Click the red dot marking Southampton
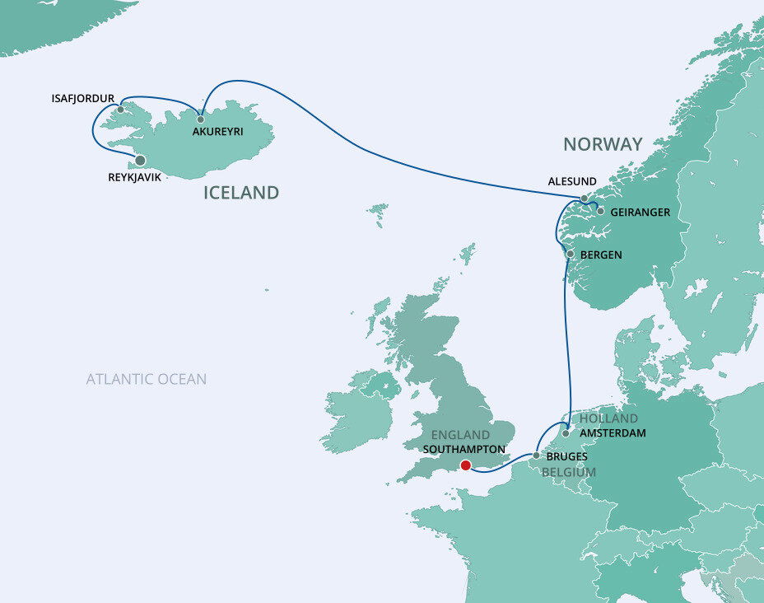[x=465, y=465]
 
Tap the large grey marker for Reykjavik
[x=141, y=161]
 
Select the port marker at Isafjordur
[x=121, y=109]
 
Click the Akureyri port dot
[x=200, y=119]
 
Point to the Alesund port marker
[x=584, y=199]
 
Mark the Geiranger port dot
[x=600, y=212]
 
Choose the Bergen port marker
[x=570, y=255]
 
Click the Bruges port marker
[x=536, y=455]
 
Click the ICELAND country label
[x=241, y=194]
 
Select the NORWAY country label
[x=603, y=144]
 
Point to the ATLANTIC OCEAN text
[x=147, y=379]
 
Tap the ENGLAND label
[x=461, y=435]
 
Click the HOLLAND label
[x=608, y=418]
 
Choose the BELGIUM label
[x=568, y=472]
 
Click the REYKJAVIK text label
[x=135, y=177]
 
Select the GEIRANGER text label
[x=641, y=213]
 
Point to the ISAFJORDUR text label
[x=82, y=98]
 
